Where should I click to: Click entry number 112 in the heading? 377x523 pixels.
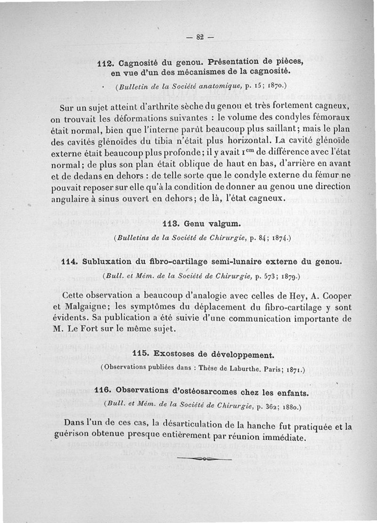(x=105, y=63)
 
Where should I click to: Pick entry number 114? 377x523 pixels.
(x=70, y=261)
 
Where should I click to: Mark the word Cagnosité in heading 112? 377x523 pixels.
(x=141, y=63)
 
